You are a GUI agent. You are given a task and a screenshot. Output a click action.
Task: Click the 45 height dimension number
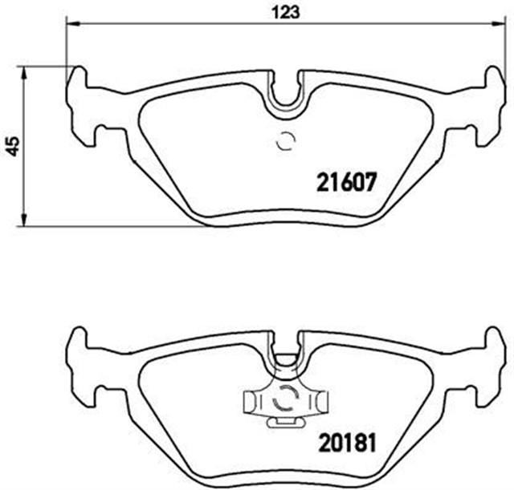tap(10, 146)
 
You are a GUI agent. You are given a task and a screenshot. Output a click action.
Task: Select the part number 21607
tap(343, 182)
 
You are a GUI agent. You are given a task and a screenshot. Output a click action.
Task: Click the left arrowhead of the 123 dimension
tap(71, 24)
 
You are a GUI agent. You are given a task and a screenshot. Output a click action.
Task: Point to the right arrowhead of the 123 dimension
tap(504, 24)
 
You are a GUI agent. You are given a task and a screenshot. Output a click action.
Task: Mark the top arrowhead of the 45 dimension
tap(25, 72)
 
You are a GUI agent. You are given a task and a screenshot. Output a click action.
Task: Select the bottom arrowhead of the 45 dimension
tap(25, 221)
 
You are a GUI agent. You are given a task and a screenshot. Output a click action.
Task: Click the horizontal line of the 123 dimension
tap(201, 24)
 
